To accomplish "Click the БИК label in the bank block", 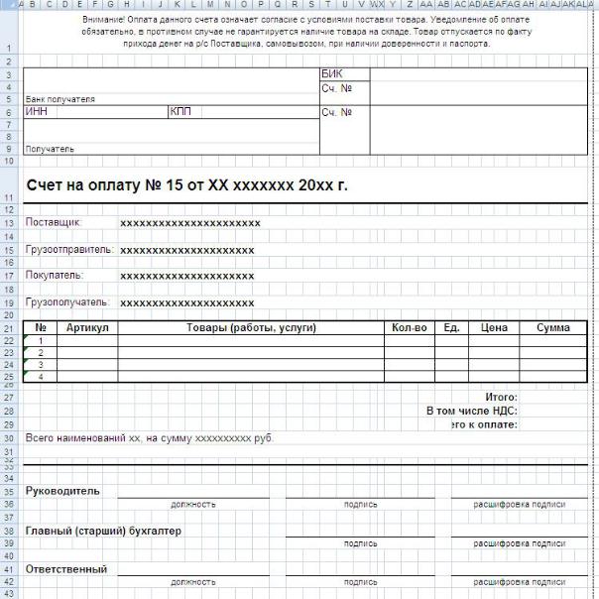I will click(x=331, y=74).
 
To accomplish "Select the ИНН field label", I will click(x=36, y=112).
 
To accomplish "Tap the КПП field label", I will click(x=180, y=112).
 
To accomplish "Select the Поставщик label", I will click(x=53, y=222).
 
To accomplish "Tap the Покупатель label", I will click(x=55, y=275).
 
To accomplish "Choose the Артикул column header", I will click(x=86, y=327).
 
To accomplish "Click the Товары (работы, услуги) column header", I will click(x=250, y=327).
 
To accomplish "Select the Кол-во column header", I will click(x=409, y=327).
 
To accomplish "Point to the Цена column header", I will click(x=494, y=327).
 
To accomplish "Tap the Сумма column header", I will click(x=553, y=327).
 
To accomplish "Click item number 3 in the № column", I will click(x=41, y=365).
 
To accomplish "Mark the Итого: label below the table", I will click(x=502, y=397).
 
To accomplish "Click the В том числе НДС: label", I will click(x=472, y=411).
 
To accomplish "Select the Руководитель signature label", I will click(x=63, y=491).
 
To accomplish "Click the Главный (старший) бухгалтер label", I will click(x=103, y=531).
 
